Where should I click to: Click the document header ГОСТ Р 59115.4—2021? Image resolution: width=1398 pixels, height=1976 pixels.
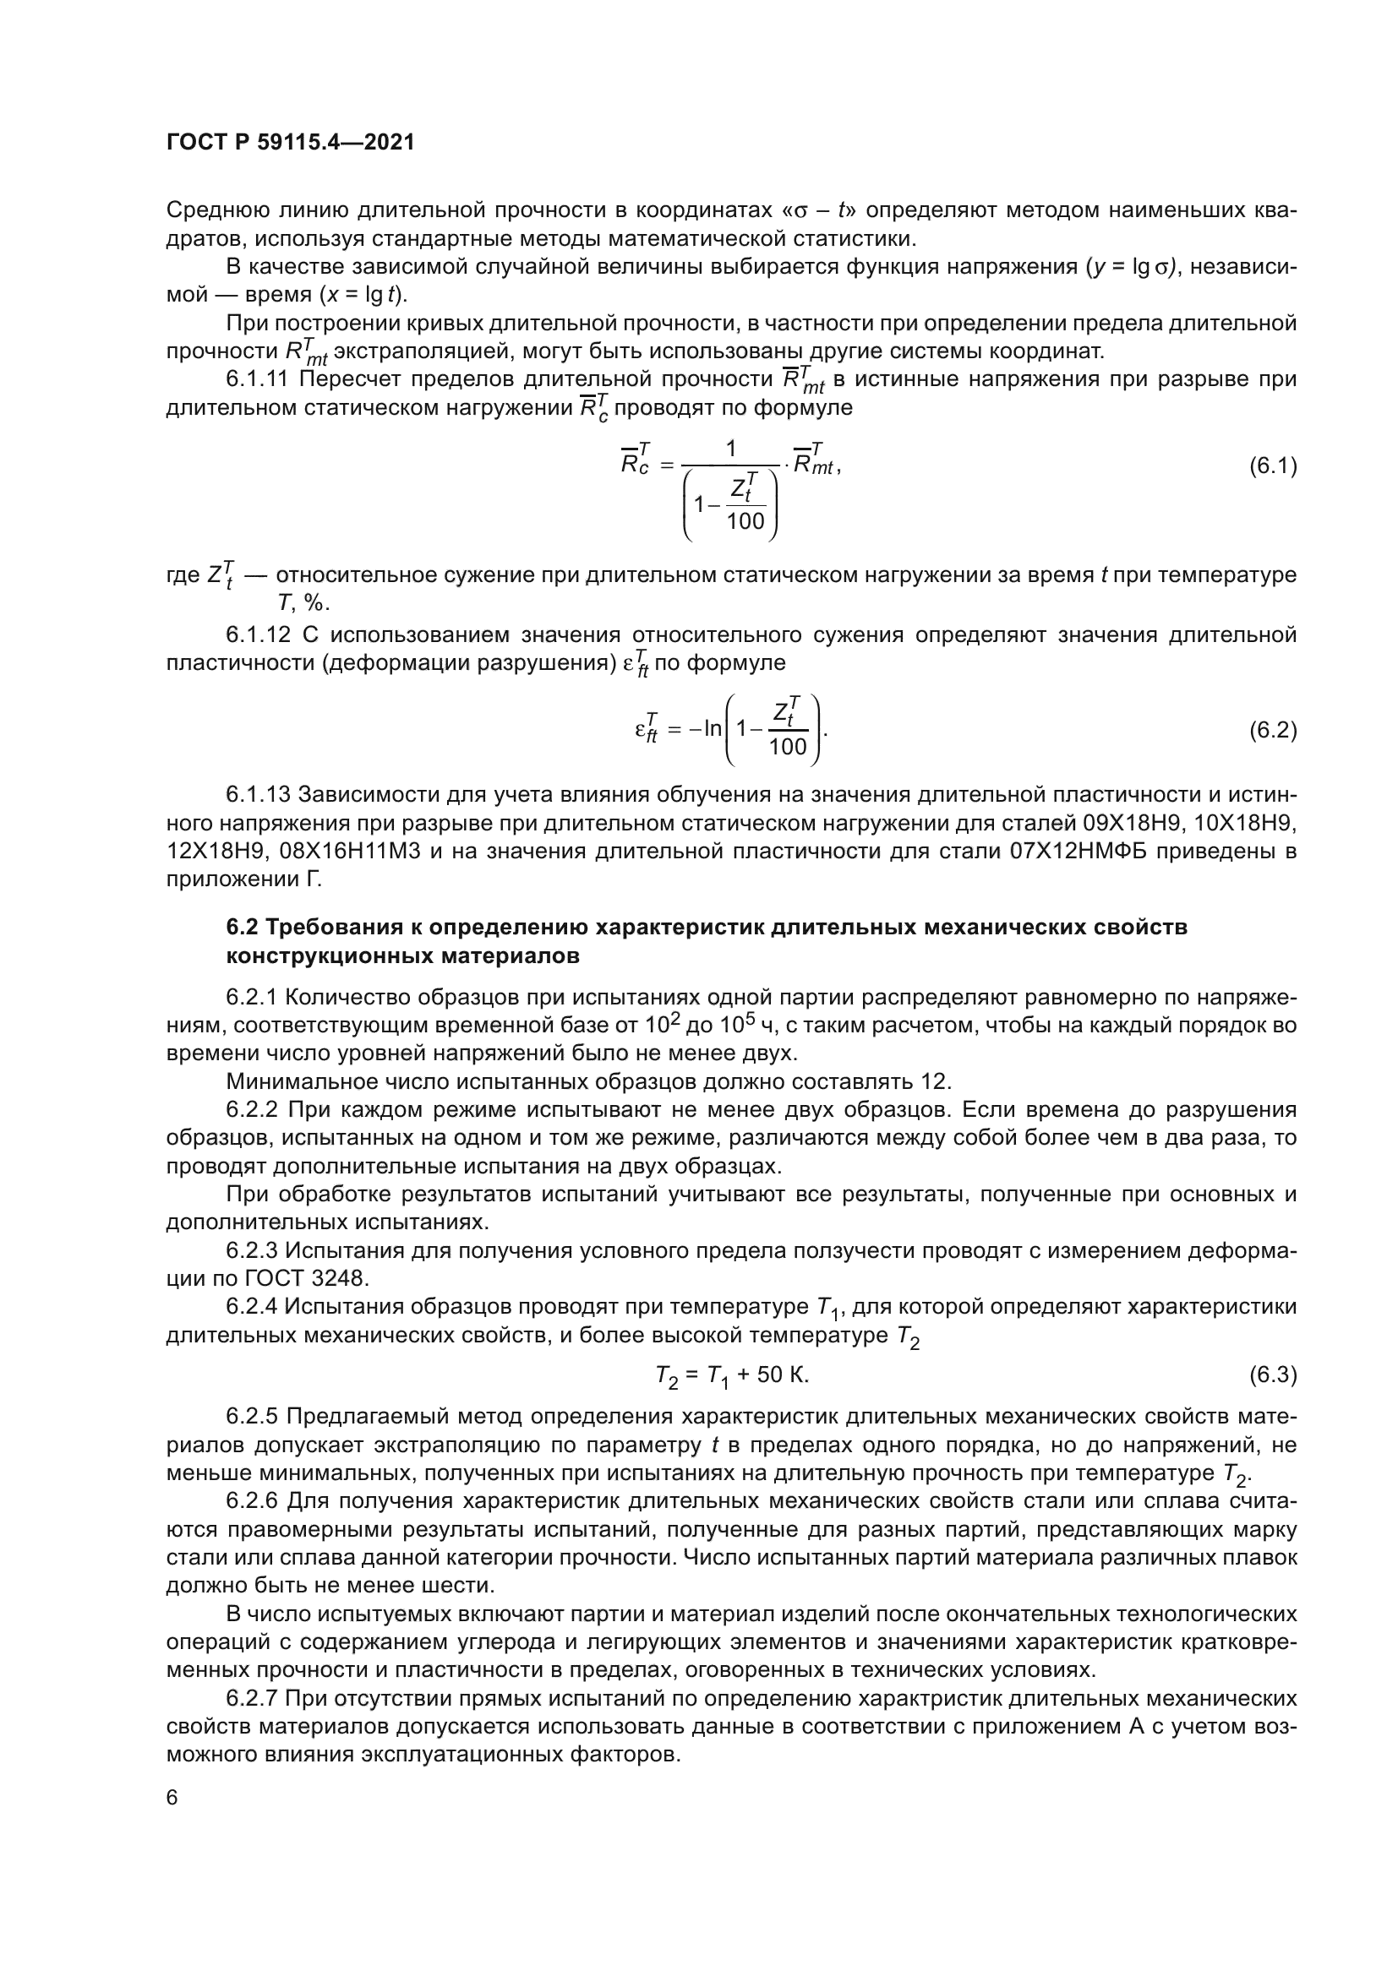click(x=290, y=143)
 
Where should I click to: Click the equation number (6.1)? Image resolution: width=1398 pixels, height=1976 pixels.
click(x=1272, y=467)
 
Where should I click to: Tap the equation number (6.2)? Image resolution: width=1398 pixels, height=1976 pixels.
click(x=1272, y=731)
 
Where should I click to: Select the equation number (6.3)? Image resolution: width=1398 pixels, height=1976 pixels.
click(x=1272, y=1374)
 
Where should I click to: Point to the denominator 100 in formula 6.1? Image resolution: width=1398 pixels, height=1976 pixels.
click(x=745, y=520)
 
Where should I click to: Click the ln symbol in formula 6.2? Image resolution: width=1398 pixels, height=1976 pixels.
click(x=713, y=729)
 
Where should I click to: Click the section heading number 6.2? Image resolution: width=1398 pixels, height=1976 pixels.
click(x=243, y=927)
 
